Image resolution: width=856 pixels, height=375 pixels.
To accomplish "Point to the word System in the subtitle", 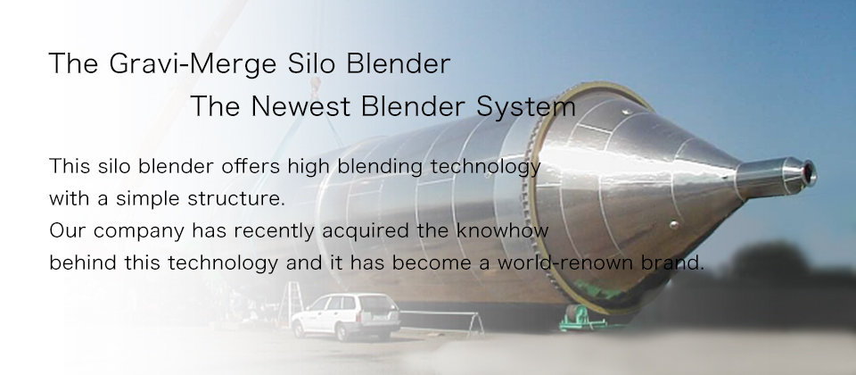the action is [526, 106].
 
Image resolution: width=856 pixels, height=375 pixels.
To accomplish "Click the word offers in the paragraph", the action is [251, 166].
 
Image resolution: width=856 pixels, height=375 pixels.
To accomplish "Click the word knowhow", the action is [502, 230].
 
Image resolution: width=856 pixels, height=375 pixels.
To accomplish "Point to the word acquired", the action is [366, 231].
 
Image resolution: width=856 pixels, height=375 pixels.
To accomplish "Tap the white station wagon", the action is [346, 316].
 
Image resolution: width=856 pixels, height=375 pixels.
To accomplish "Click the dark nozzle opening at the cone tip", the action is [808, 172].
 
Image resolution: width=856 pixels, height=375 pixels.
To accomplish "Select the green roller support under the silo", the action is [582, 318].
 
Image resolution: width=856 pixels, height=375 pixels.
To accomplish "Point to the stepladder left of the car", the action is [292, 304].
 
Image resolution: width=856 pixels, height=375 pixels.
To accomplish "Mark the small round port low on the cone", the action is [674, 225].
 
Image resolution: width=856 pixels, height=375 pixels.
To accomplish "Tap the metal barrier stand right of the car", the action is [441, 321].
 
